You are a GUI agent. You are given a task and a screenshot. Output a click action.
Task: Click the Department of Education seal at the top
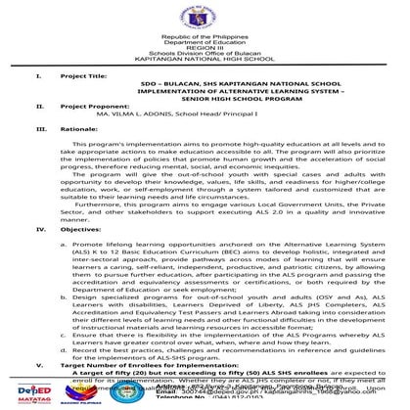click(205, 17)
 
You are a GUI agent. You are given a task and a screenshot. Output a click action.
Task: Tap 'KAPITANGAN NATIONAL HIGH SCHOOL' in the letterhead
click(205, 62)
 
